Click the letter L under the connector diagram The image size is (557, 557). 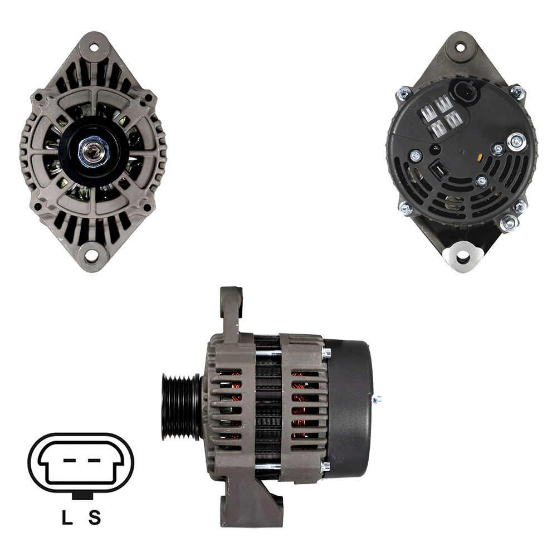(x=67, y=517)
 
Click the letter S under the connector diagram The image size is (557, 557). (x=95, y=517)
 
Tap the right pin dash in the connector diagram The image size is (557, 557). (x=94, y=461)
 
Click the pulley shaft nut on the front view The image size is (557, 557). (x=94, y=153)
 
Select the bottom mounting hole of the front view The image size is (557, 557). (x=94, y=255)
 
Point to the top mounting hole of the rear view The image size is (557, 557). (x=461, y=47)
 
